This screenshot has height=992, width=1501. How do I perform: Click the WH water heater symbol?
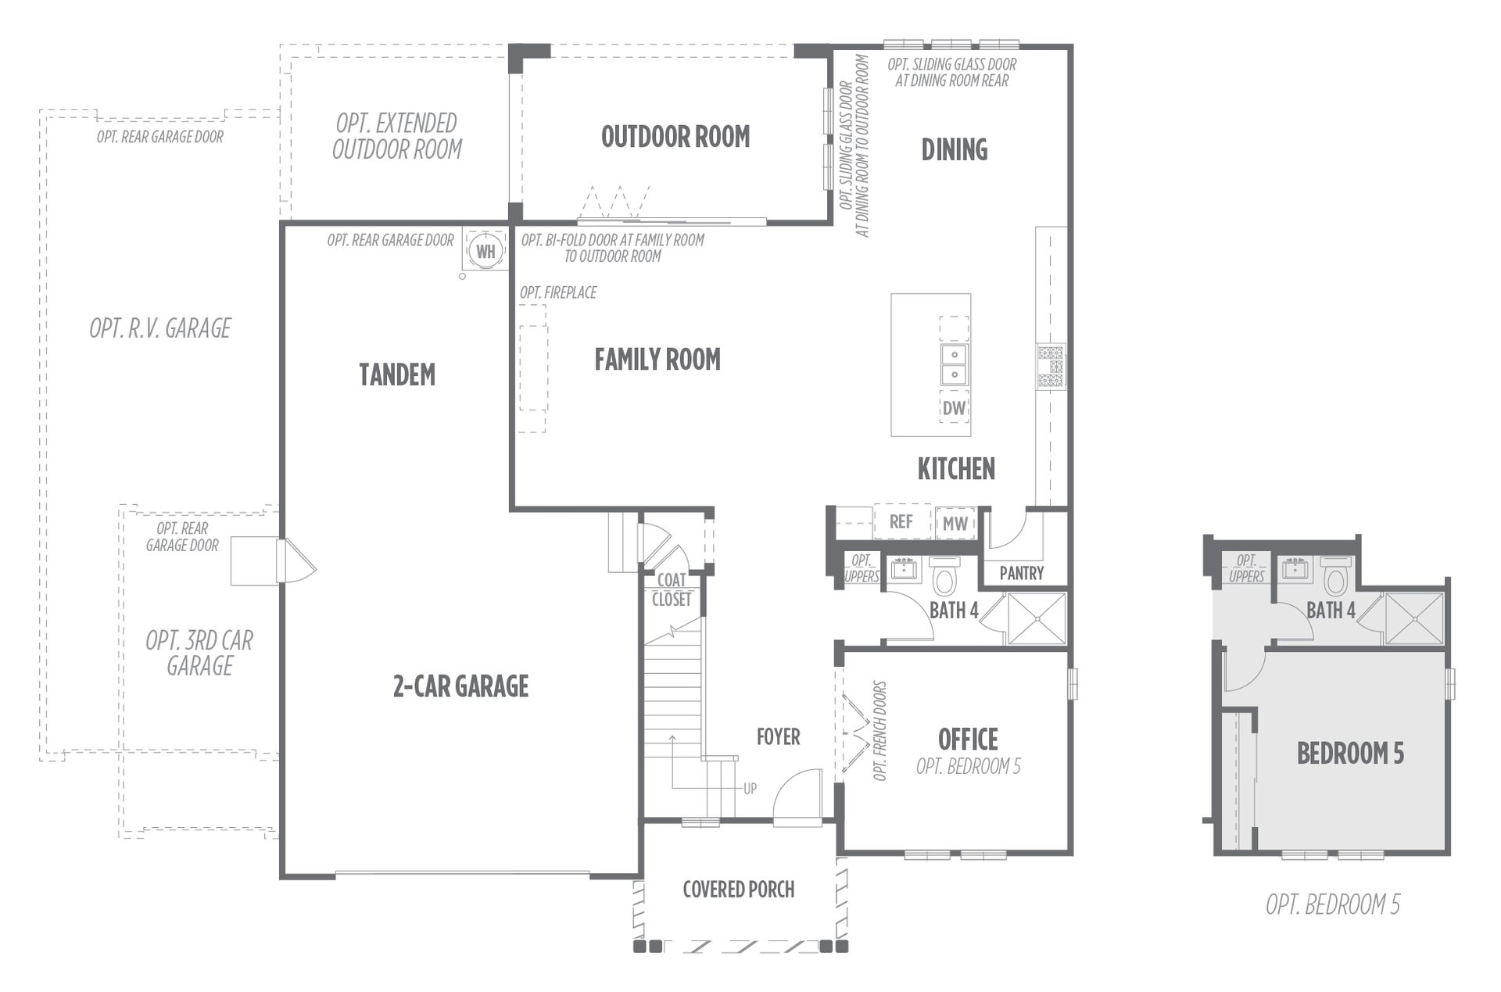coord(485,251)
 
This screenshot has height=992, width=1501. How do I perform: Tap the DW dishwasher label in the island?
coord(954,407)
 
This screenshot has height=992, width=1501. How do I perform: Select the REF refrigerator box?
coord(901,521)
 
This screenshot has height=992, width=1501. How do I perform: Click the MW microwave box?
coord(955,523)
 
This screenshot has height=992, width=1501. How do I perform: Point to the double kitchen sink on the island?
coord(954,364)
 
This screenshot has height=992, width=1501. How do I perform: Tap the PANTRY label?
coord(1021,573)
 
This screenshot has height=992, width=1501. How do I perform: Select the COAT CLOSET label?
coord(672,589)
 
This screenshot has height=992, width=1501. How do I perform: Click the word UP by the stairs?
coord(750,789)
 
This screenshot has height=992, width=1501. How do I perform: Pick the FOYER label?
coord(778,736)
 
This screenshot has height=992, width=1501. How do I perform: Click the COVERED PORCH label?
coord(738,889)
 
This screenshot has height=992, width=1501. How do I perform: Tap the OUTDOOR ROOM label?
coord(675,137)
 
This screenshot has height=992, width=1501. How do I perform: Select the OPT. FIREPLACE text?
coord(558,292)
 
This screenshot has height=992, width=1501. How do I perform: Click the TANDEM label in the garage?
coord(397,374)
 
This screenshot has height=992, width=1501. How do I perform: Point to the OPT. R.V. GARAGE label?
coord(160,328)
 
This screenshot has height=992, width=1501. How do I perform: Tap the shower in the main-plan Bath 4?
coord(1037,618)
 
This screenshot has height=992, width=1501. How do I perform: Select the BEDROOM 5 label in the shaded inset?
coord(1350,753)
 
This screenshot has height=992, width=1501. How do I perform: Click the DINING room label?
coord(954,149)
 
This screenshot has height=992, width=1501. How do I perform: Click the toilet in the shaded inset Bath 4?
coord(1335,576)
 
